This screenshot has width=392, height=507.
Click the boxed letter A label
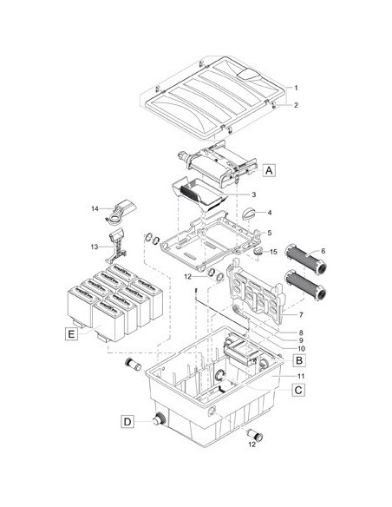coord(269,170)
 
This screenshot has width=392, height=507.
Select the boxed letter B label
coord(299,360)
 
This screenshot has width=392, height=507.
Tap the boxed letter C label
coord(298,390)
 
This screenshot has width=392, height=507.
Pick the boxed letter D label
coord(127,422)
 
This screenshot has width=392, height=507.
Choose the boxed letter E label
coord(71,333)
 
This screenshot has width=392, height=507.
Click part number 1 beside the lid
coord(296,88)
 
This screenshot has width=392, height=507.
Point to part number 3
coord(254,194)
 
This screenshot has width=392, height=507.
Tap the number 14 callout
coord(95,209)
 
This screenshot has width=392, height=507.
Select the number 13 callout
coord(95,247)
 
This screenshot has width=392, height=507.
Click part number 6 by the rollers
coord(323,251)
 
